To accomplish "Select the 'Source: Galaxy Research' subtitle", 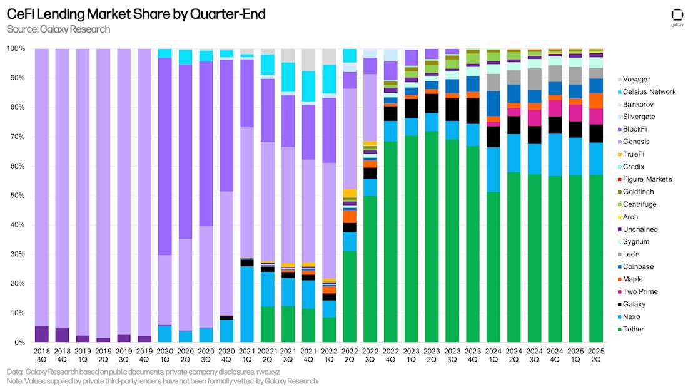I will coord(58,29).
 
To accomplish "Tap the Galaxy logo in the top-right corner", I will coord(677,18).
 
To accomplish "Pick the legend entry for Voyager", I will coord(636,79).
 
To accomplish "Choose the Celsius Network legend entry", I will coord(649,91).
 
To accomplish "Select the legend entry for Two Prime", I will coord(639,291).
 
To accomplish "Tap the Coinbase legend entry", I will coord(637,266).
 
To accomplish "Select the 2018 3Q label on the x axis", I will coord(41,355).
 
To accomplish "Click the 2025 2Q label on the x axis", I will coord(596,355).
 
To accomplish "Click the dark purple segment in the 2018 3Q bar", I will coord(41,335).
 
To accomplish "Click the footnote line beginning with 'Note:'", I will coord(163,381).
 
